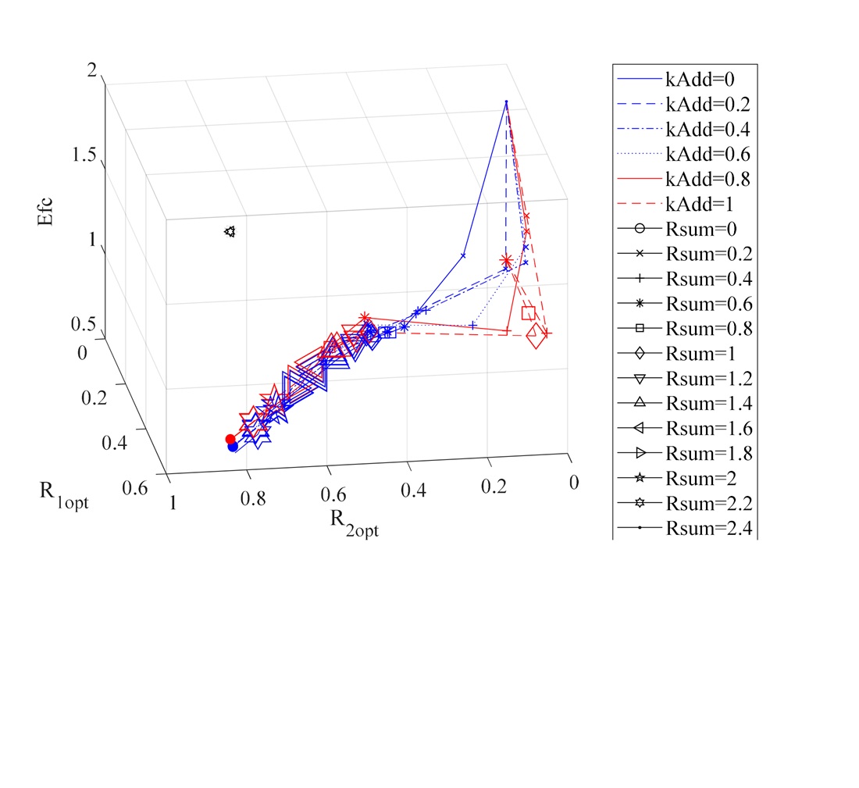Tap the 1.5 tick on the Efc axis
pos(84,155)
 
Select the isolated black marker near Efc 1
pos(230,231)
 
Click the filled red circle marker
pos(230,440)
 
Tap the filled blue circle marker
pos(232,447)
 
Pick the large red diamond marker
pos(536,337)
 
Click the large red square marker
pos(529,313)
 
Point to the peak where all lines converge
pos(506,102)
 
